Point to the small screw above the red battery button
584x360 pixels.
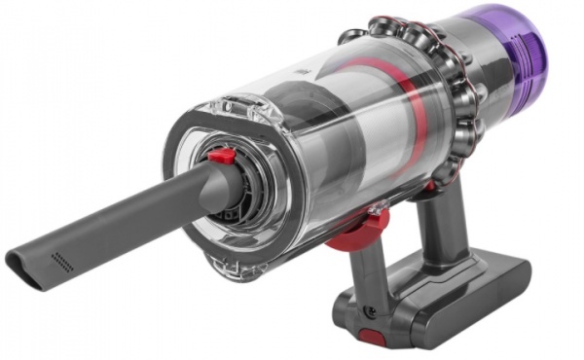(369, 312)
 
